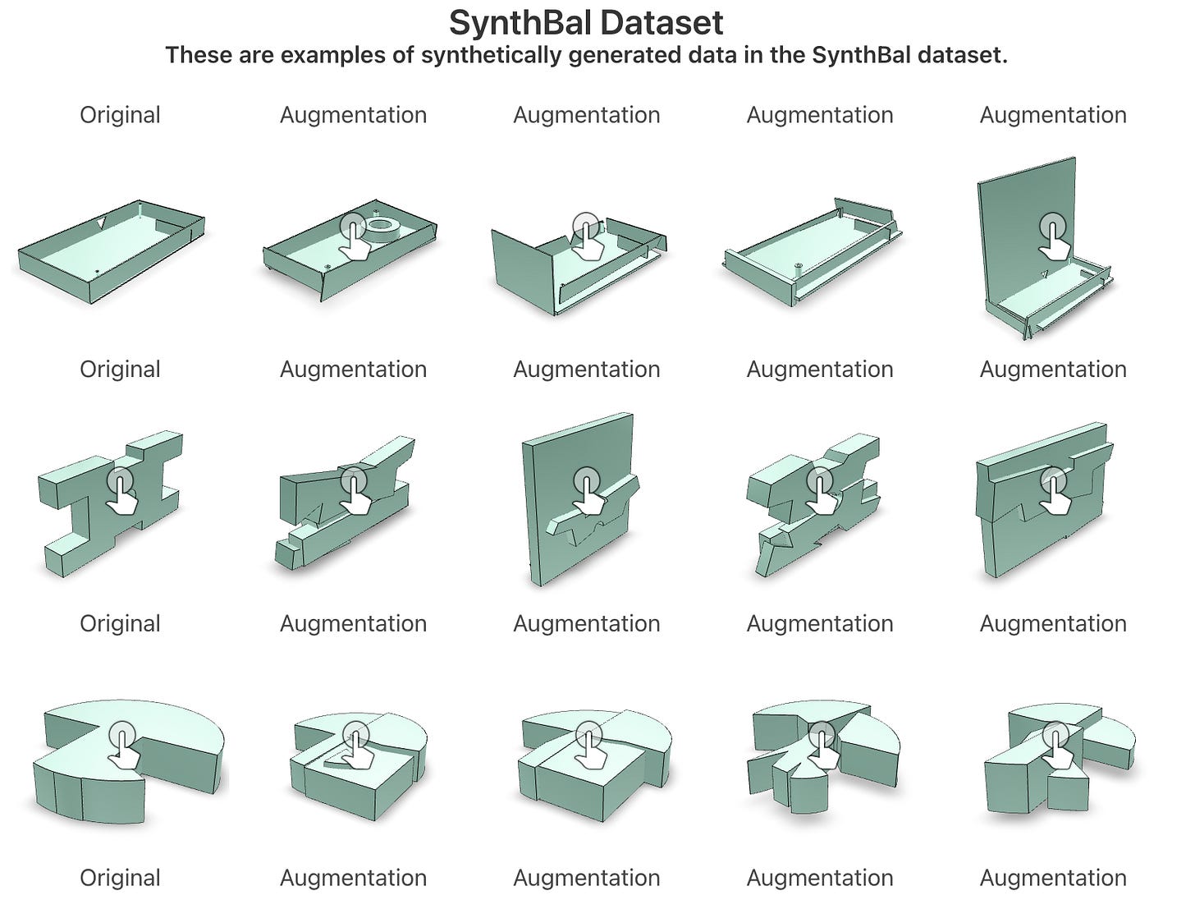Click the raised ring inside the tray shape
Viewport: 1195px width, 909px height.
pos(381,227)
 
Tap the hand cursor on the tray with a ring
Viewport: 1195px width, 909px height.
pos(354,236)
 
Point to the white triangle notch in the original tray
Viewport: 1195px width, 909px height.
pos(100,223)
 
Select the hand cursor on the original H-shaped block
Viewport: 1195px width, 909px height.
pos(122,490)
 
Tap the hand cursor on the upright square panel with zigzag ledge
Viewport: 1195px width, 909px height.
pos(588,490)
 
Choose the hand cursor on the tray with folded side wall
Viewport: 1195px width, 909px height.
pos(587,236)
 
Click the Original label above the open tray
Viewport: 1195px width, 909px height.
pos(120,115)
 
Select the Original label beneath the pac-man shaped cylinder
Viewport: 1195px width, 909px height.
pos(120,878)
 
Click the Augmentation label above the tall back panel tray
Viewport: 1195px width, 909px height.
pos(1053,115)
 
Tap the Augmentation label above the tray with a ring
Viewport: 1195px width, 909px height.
pos(353,115)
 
